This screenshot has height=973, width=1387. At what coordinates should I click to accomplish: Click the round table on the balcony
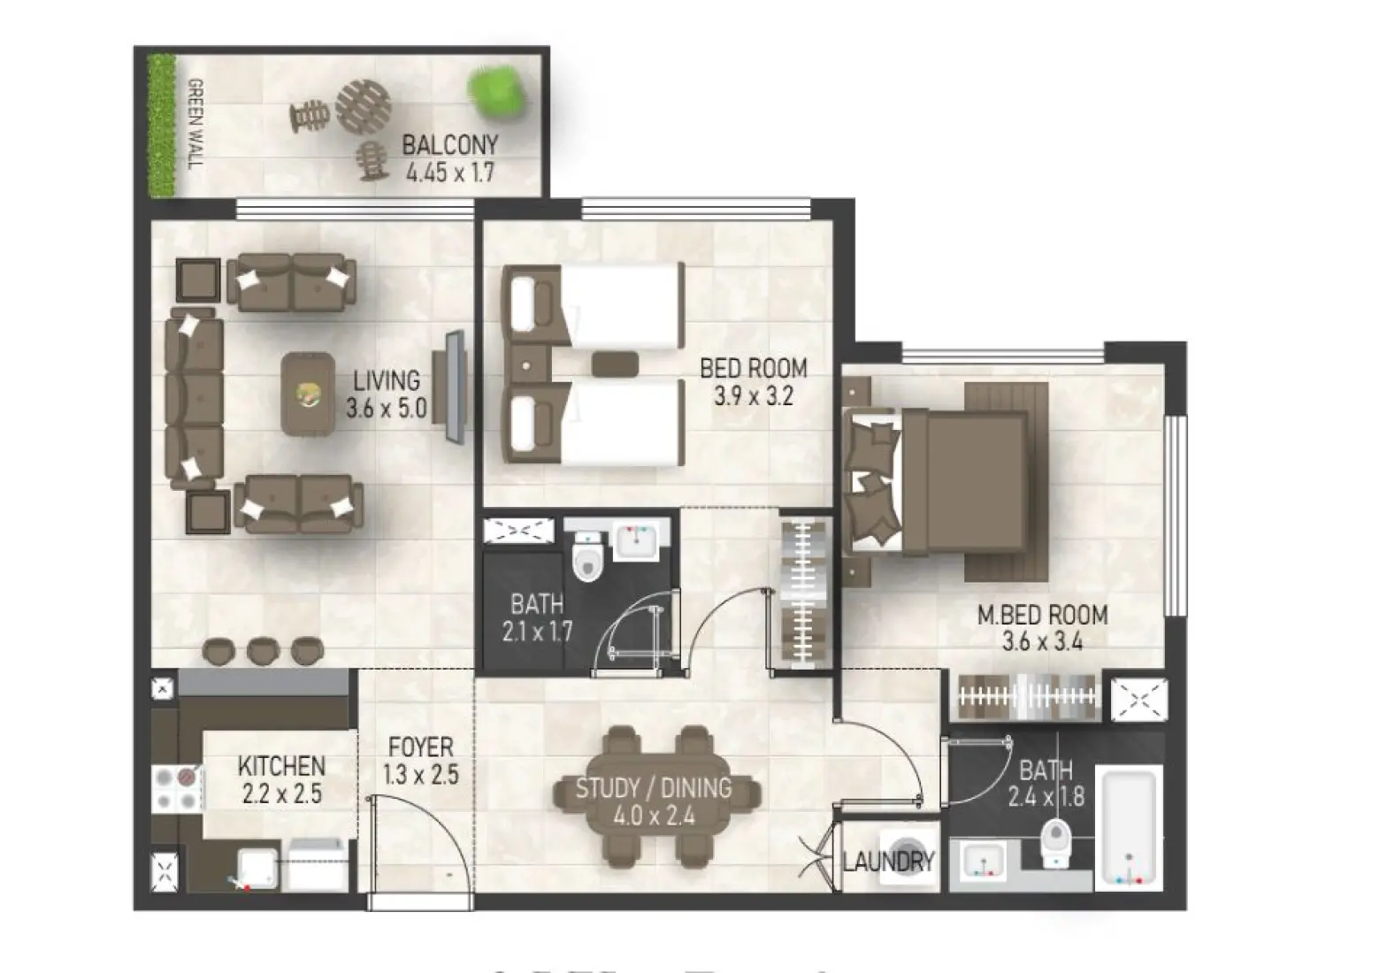(x=363, y=105)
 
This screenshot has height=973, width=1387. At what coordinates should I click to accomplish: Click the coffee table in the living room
(x=308, y=395)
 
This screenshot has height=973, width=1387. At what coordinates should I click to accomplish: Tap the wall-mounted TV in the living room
(x=455, y=387)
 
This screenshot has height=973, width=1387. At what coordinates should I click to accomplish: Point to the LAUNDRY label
(x=888, y=861)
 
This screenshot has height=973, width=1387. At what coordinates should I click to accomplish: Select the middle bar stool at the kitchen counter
(x=262, y=651)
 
